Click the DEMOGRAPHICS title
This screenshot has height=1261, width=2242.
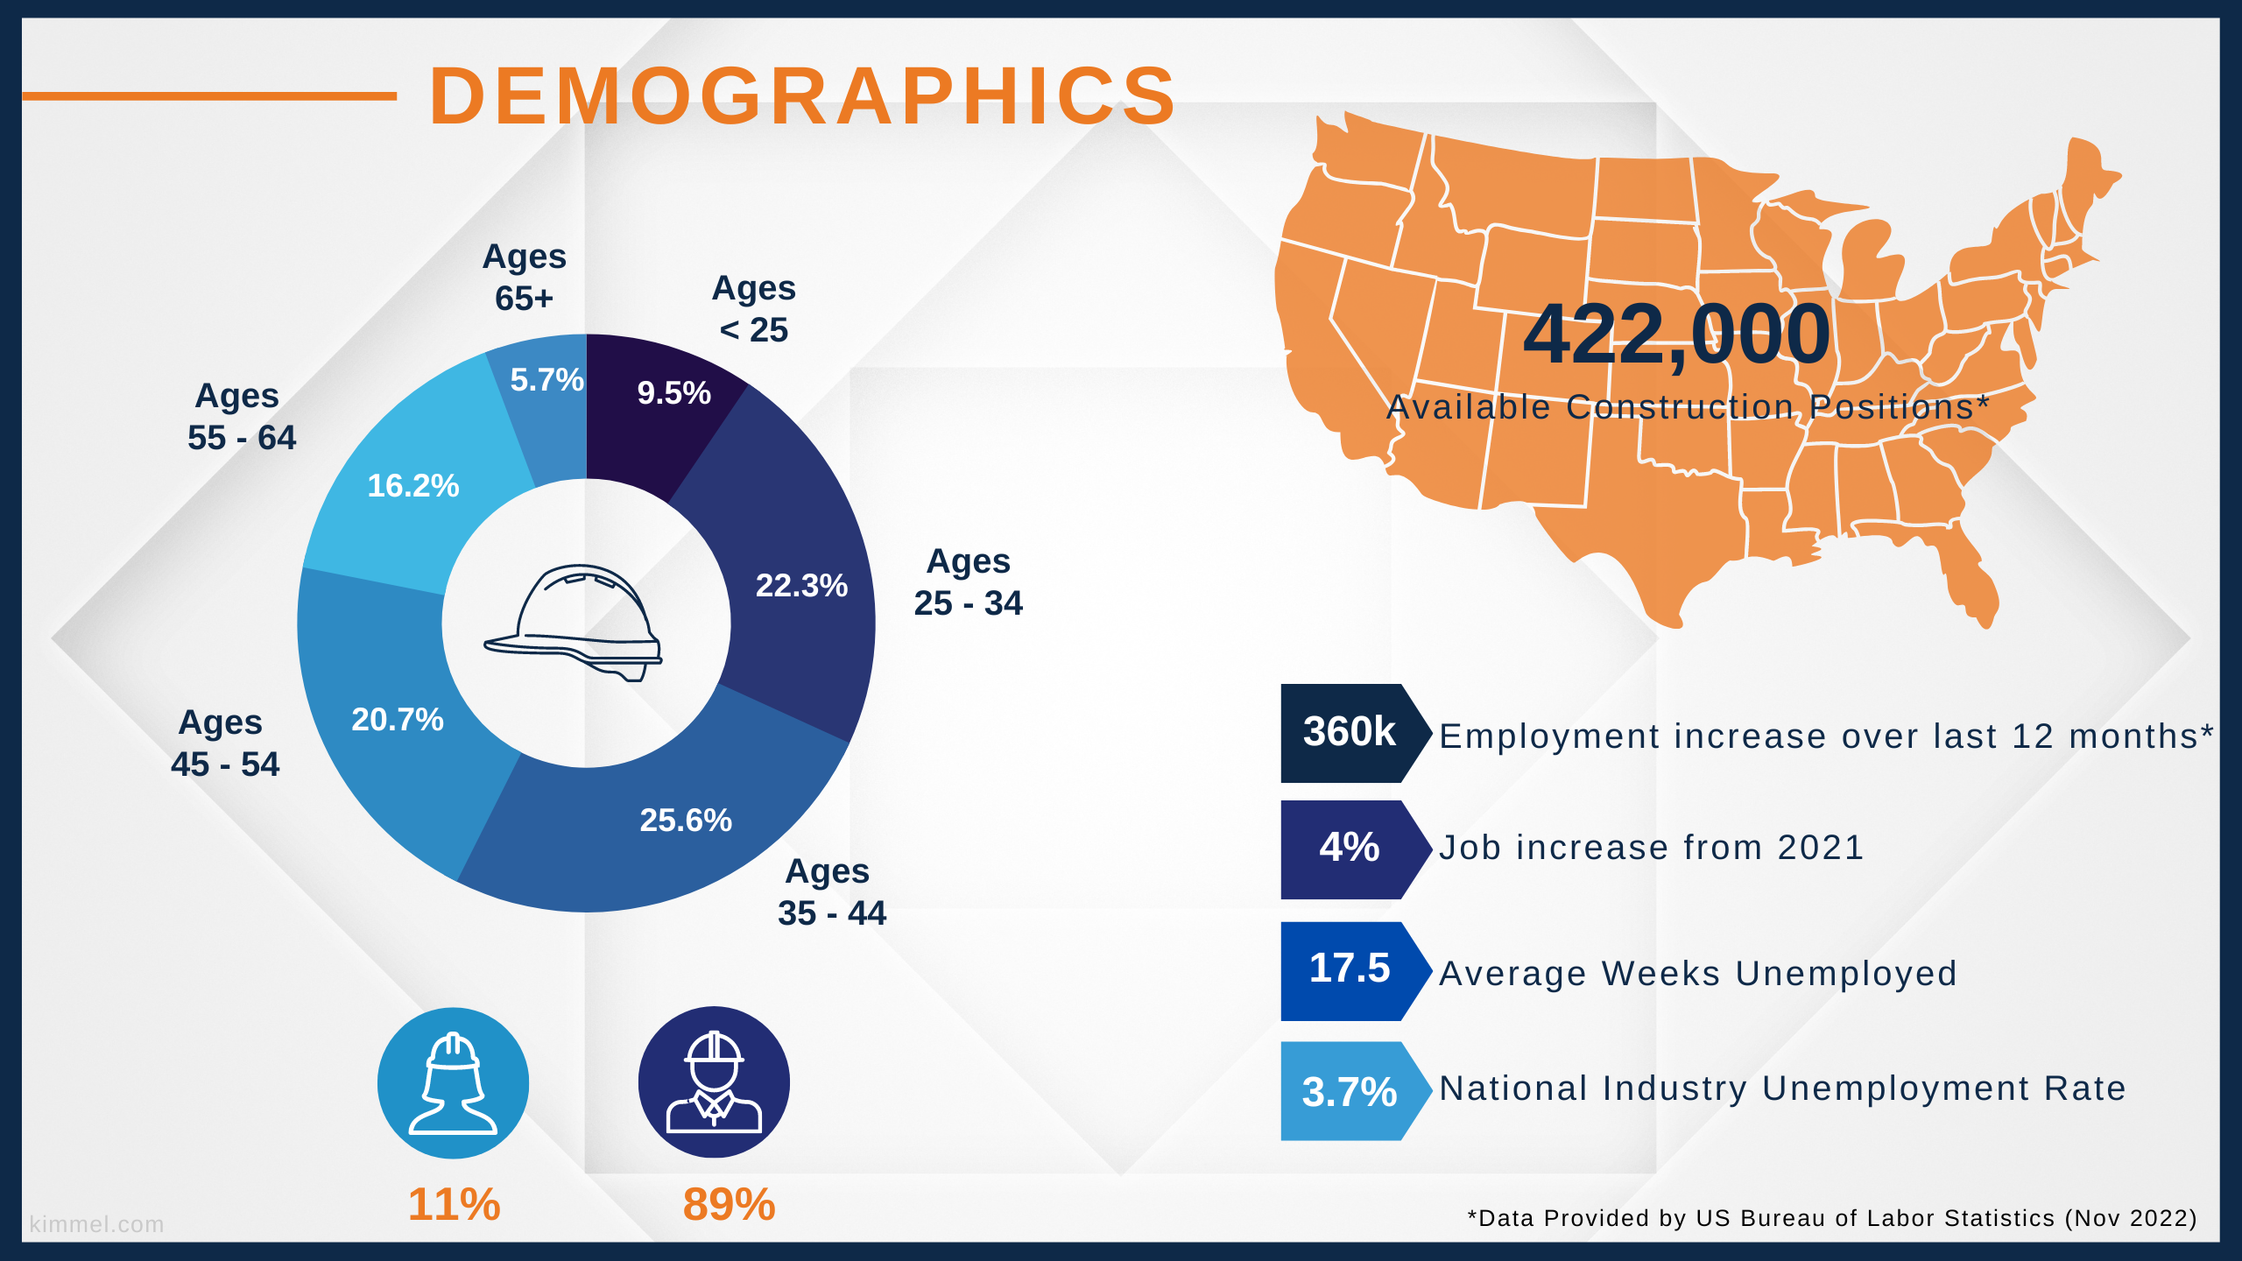click(802, 95)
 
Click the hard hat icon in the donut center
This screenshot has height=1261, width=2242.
click(574, 622)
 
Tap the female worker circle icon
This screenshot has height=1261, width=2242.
click(453, 1083)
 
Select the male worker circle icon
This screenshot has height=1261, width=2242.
click(714, 1082)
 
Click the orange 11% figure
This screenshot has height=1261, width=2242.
click(454, 1204)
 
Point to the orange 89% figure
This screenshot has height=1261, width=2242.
click(729, 1204)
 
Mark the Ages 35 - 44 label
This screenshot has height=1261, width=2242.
click(831, 892)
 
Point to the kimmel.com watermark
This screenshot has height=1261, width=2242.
click(96, 1224)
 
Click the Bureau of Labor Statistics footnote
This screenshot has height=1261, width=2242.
click(1832, 1218)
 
